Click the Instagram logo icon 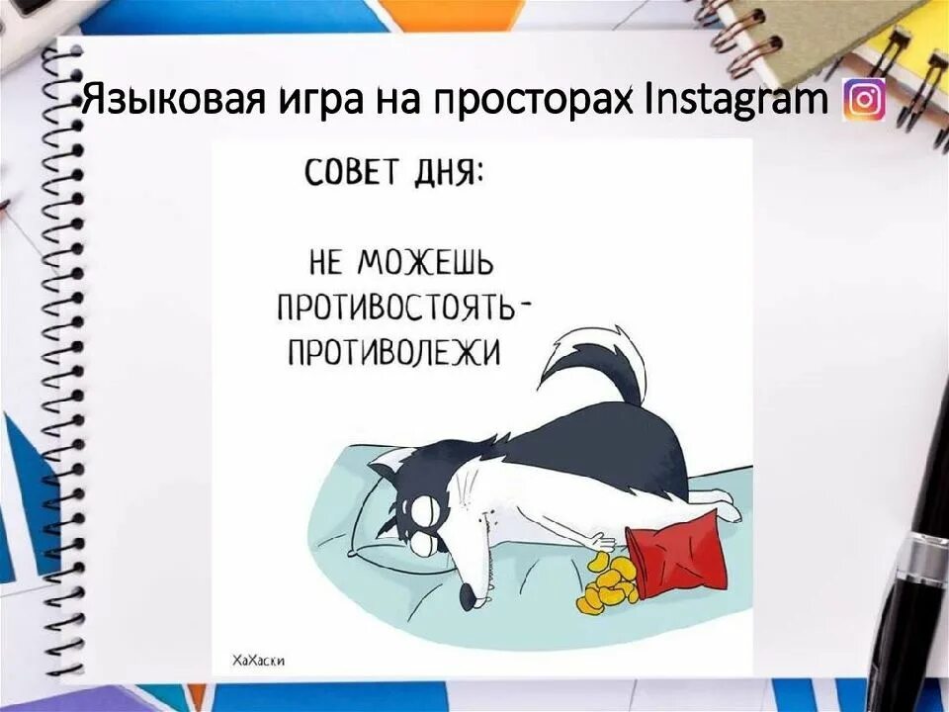point(864,100)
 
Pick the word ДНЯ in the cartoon point(449,174)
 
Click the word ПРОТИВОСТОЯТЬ point(396,308)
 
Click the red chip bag point(677,553)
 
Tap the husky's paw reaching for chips point(599,541)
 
